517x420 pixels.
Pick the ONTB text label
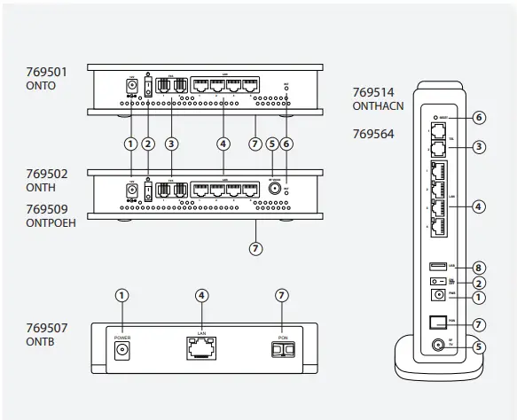(x=41, y=342)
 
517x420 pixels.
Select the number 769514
(x=372, y=92)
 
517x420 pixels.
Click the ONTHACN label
(x=377, y=105)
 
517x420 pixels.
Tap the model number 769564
(x=372, y=135)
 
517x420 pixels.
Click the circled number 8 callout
(x=480, y=266)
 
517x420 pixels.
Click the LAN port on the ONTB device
(x=201, y=349)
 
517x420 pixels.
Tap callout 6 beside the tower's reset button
(x=480, y=117)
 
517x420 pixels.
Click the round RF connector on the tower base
(x=435, y=347)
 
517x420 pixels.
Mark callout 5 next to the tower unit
(x=480, y=347)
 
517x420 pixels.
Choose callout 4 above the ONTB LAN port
(x=201, y=295)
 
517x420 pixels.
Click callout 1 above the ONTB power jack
(x=121, y=295)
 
